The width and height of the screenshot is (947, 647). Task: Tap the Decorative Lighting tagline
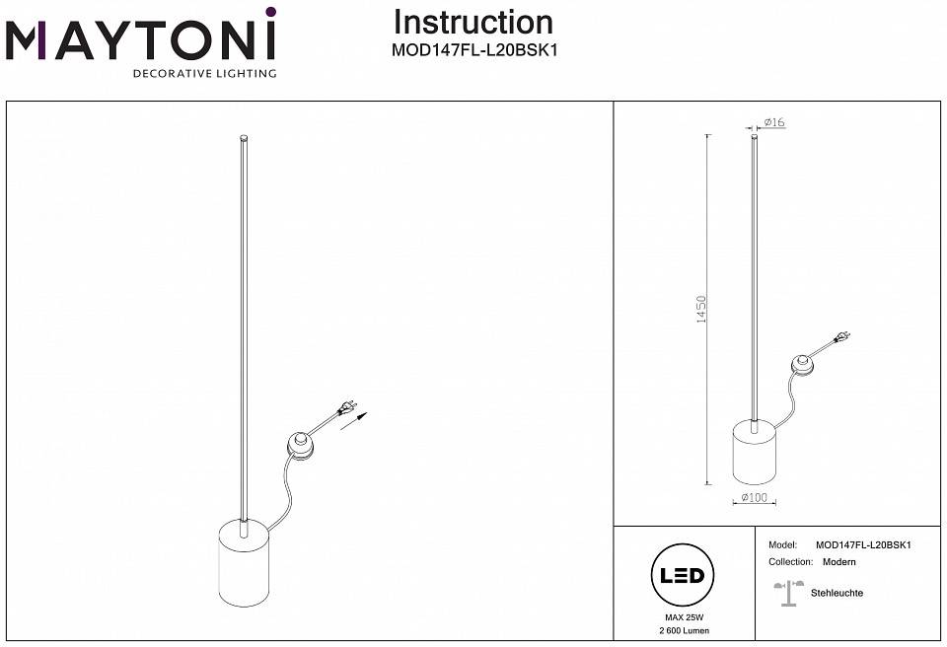(204, 74)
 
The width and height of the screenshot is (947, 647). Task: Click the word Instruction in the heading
(473, 22)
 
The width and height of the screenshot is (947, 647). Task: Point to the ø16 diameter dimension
(773, 122)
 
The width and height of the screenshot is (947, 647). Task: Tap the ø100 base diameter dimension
(754, 498)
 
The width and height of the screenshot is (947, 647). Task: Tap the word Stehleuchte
(837, 593)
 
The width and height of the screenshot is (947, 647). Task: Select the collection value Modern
(839, 561)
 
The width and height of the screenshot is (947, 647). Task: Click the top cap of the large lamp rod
(244, 137)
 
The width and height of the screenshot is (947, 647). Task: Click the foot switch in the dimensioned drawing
(804, 367)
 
